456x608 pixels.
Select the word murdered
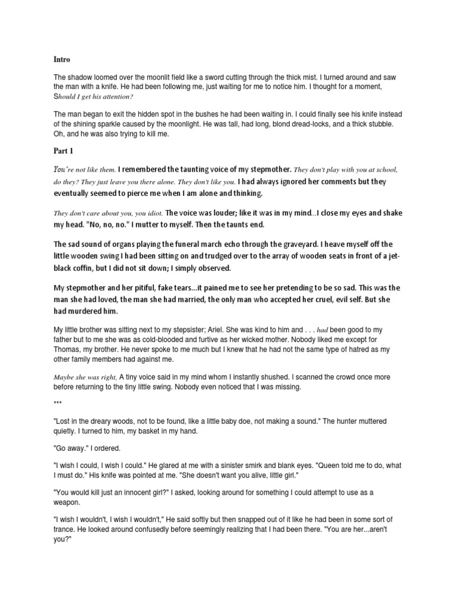(x=85, y=312)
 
